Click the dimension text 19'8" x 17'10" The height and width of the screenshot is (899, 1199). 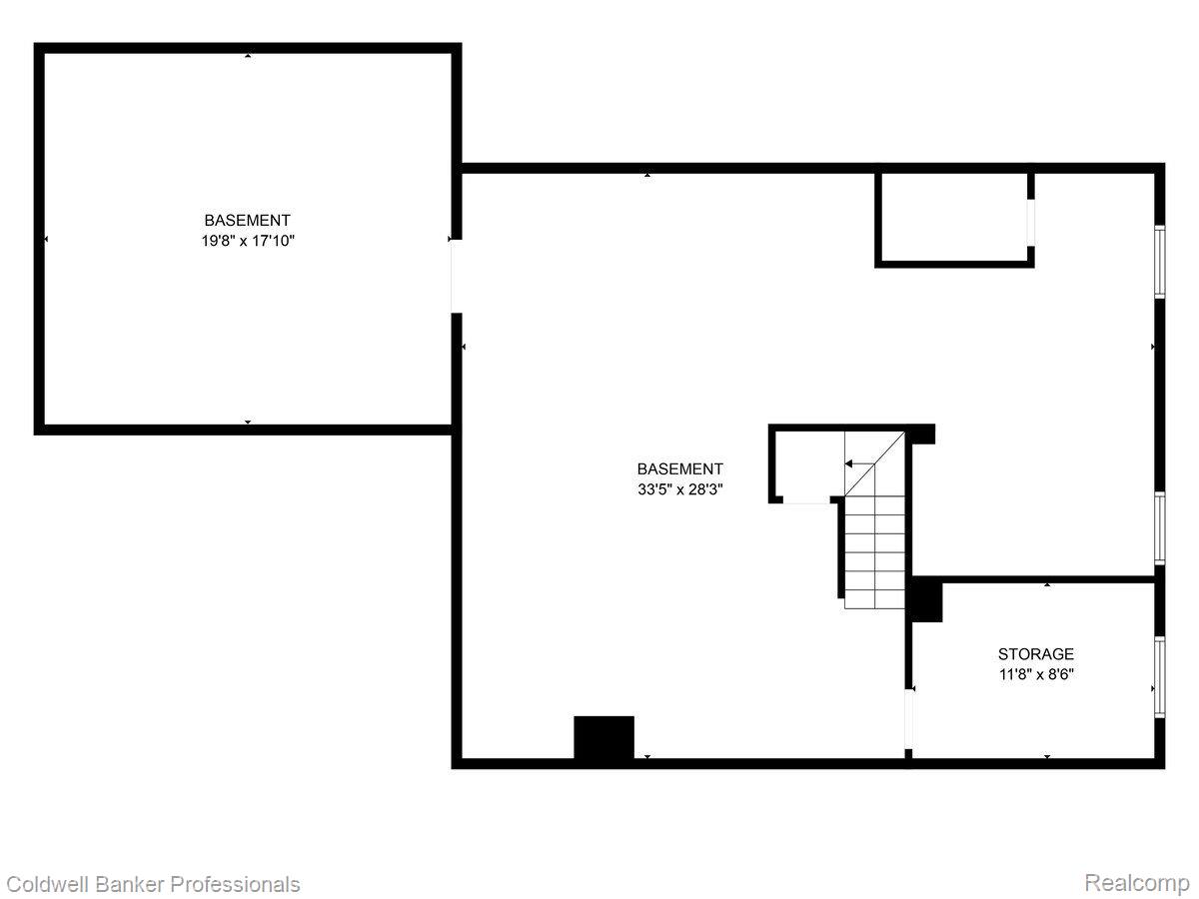[248, 241]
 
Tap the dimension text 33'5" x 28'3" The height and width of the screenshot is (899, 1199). [680, 489]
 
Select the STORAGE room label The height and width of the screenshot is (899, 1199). [1036, 654]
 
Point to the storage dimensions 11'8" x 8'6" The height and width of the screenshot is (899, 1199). [1036, 674]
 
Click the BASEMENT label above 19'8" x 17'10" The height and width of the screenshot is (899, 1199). [248, 220]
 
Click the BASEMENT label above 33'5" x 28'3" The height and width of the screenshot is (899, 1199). [680, 468]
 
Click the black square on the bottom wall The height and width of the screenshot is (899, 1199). [603, 739]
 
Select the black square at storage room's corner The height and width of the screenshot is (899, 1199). [926, 601]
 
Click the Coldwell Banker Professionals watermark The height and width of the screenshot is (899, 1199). [153, 884]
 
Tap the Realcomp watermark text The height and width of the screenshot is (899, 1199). [1137, 883]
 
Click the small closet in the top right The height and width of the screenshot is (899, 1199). [953, 218]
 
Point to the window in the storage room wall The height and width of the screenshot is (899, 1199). [1160, 676]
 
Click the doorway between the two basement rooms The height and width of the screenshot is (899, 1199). [456, 277]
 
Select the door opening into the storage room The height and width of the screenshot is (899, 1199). [908, 718]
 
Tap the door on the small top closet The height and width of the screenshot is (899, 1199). [1031, 222]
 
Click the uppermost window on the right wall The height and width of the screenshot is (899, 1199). [1160, 262]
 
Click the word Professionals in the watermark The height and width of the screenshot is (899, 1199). [235, 884]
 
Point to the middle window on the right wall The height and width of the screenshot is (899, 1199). [1160, 528]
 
